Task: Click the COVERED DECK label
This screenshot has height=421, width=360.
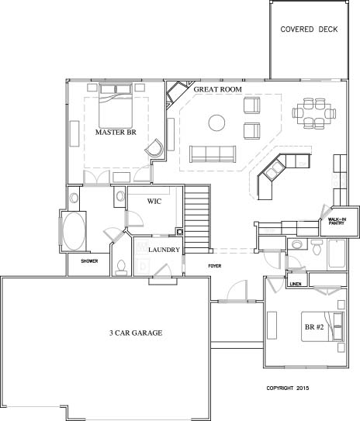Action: click(x=309, y=29)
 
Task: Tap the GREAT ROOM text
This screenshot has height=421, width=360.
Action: click(x=217, y=89)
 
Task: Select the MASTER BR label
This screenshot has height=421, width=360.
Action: click(x=116, y=132)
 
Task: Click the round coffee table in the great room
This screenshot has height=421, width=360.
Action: click(x=216, y=123)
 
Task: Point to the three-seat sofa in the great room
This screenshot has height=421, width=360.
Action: click(x=213, y=154)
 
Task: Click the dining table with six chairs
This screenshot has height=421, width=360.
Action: click(x=314, y=113)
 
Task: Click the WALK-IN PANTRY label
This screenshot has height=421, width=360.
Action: click(x=337, y=221)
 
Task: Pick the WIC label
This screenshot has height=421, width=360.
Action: click(x=154, y=201)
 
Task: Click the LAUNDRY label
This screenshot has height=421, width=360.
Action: click(x=164, y=250)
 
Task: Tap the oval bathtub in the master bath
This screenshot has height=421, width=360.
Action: click(x=74, y=231)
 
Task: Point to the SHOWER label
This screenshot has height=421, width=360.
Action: click(x=89, y=261)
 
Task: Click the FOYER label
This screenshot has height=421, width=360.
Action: click(x=215, y=266)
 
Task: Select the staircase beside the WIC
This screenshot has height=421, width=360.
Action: click(x=197, y=219)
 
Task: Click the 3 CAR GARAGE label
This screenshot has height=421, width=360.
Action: click(x=136, y=333)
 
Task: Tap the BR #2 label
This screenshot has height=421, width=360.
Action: click(x=314, y=327)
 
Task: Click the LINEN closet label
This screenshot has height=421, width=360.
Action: click(x=296, y=284)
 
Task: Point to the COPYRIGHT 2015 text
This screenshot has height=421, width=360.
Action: click(x=288, y=388)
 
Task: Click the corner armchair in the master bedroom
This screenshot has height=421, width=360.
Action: click(x=154, y=147)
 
